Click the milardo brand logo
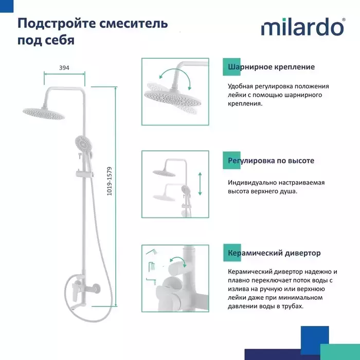303,27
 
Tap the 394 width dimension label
64,68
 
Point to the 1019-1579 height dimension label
110,181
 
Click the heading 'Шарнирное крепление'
271,67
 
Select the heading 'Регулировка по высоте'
271,160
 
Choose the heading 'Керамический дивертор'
274,253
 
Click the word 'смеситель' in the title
134,24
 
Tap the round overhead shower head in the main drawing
44,114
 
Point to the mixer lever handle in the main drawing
75,291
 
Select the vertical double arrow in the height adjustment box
200,184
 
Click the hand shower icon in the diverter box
152,252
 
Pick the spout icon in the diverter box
151,281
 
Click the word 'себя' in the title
60,40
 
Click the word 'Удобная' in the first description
240,86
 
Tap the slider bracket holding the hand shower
84,174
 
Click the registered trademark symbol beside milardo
344,20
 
